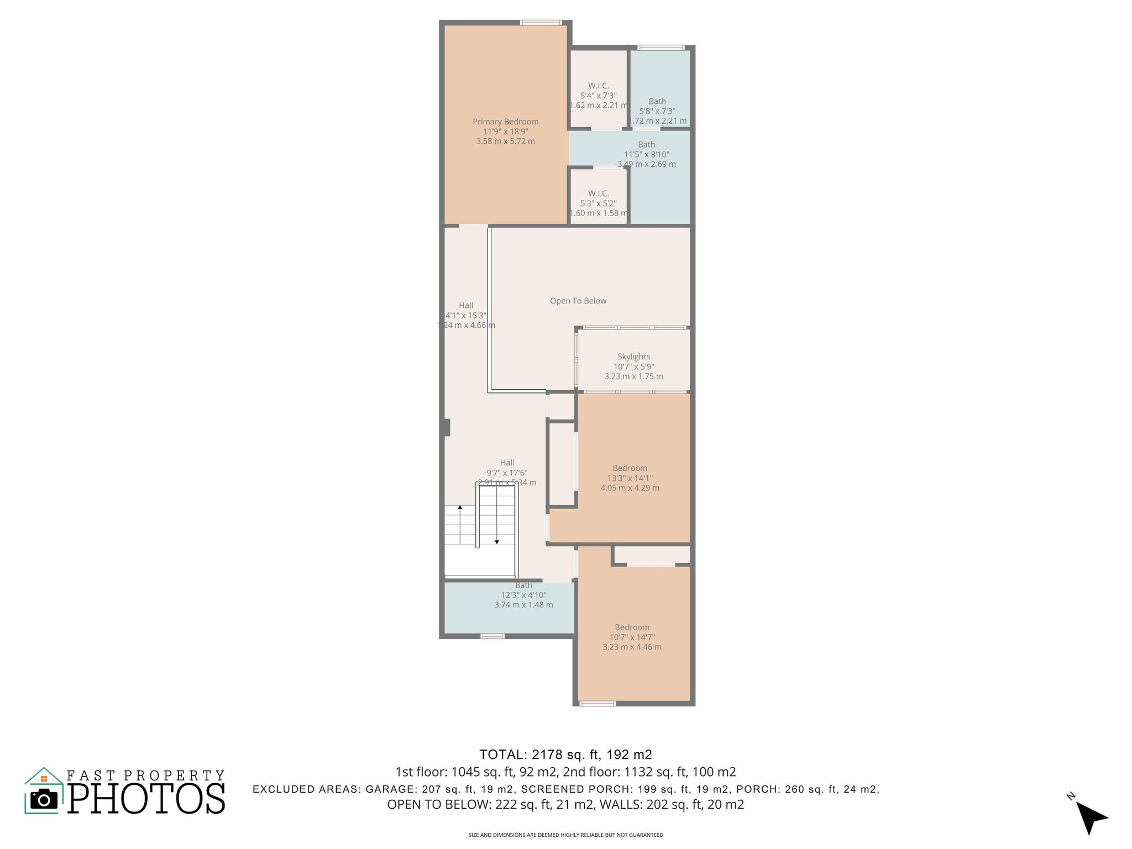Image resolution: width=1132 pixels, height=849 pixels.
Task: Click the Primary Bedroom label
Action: point(505,122)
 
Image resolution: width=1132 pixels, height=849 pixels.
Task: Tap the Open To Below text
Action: point(578,301)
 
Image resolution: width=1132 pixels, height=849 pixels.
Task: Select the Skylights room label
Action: point(633,357)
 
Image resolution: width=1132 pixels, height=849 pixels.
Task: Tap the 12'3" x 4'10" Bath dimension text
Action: point(523,595)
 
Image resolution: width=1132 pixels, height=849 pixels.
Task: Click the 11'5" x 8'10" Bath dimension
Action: point(646,155)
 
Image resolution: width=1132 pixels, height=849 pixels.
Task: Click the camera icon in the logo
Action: point(44,799)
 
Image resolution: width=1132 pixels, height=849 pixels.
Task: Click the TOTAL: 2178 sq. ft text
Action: point(565,754)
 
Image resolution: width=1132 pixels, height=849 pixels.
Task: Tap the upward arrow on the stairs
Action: point(460,507)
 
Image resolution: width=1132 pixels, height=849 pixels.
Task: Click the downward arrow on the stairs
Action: point(496,542)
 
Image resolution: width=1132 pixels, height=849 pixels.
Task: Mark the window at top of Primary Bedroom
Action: point(541,23)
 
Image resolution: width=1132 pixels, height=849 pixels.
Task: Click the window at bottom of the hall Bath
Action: point(492,636)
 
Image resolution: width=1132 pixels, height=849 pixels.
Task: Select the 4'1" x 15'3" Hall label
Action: point(466,315)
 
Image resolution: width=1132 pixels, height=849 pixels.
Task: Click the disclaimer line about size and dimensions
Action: point(565,835)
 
